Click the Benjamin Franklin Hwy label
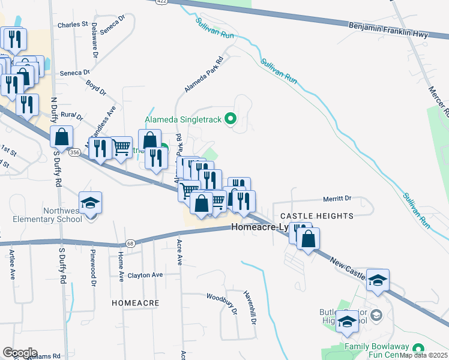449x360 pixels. (388, 30)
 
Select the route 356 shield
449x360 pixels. (74, 153)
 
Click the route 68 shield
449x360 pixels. (130, 243)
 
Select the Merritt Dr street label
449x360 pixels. (337, 198)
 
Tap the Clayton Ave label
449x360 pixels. (145, 275)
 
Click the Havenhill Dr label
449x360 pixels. (250, 308)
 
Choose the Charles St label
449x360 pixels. (73, 25)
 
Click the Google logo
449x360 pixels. (20, 353)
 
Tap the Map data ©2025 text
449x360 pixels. (423, 355)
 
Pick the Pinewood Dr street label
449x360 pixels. (93, 263)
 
